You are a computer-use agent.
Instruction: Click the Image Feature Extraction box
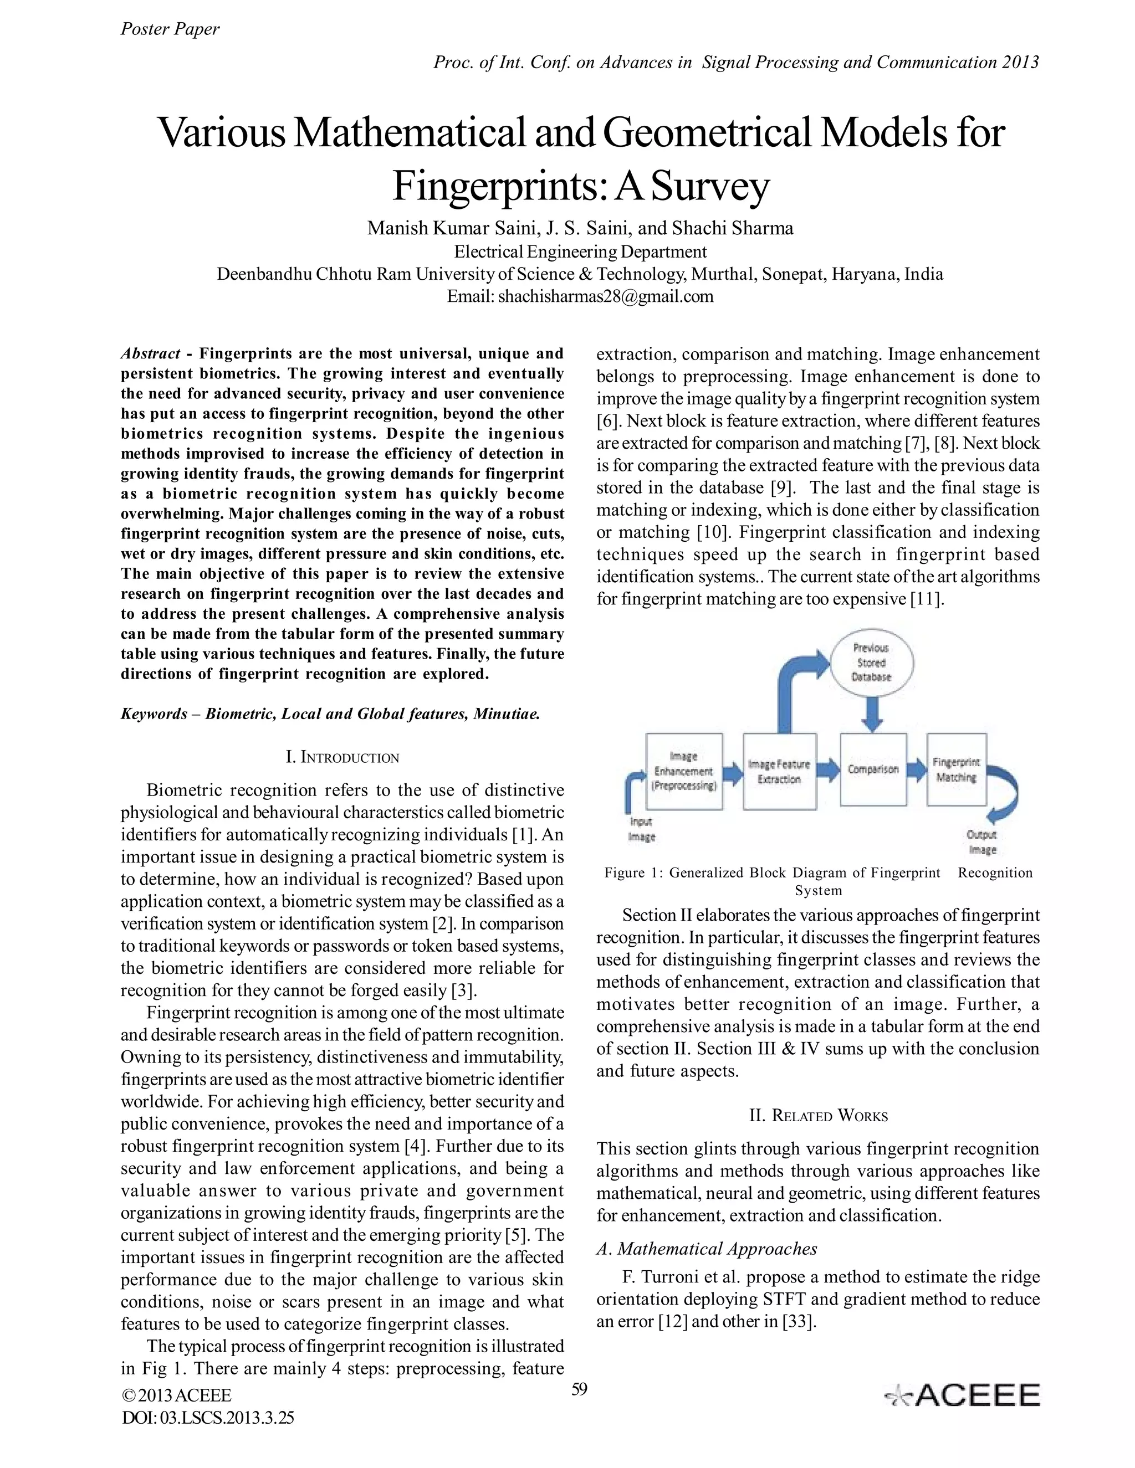[779, 771]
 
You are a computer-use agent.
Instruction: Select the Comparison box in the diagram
[873, 769]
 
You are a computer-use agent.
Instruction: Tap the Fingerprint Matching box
[955, 769]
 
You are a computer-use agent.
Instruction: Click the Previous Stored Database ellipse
[871, 662]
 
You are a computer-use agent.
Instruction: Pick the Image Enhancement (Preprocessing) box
[684, 771]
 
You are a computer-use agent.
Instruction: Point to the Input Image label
[641, 829]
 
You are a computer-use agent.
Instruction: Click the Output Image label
[981, 842]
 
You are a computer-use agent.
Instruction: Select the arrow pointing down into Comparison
[872, 714]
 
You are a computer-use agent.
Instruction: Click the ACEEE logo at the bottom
[962, 1396]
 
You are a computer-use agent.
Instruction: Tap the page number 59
[579, 1389]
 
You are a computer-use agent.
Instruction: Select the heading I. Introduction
[342, 757]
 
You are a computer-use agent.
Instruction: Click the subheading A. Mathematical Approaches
[707, 1249]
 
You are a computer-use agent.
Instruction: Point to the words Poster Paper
[170, 29]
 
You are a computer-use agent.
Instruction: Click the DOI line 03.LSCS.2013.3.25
[208, 1418]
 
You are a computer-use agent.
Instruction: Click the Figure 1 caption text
[817, 881]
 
